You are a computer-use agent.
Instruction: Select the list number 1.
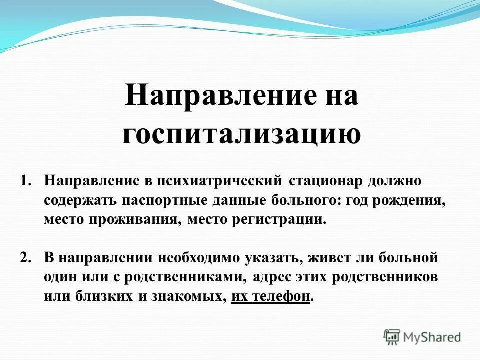pyautogui.click(x=25, y=180)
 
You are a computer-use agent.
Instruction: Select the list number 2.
pyautogui.click(x=25, y=258)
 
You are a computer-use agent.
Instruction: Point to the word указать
pyautogui.click(x=275, y=258)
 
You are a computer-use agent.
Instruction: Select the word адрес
pyautogui.click(x=274, y=277)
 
